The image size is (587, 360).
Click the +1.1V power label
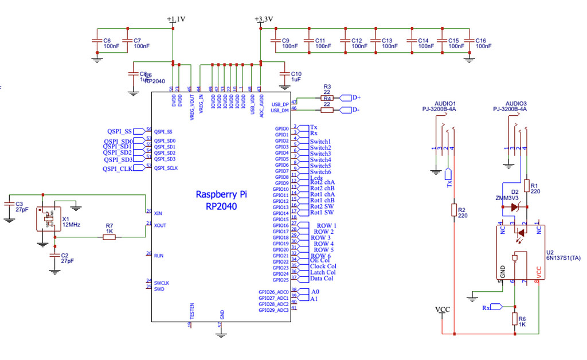(x=176, y=19)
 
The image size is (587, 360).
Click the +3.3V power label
(x=264, y=19)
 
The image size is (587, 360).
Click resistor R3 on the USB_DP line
(x=327, y=98)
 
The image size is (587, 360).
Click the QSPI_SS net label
(x=119, y=131)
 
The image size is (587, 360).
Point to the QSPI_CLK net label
(x=118, y=169)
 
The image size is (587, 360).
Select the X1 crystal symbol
(x=48, y=218)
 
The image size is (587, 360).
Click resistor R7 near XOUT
(x=109, y=237)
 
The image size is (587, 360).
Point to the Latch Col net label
(x=322, y=272)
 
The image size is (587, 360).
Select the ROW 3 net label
(x=320, y=237)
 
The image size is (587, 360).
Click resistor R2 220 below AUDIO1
(x=454, y=211)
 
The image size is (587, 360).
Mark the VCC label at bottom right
(x=443, y=310)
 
